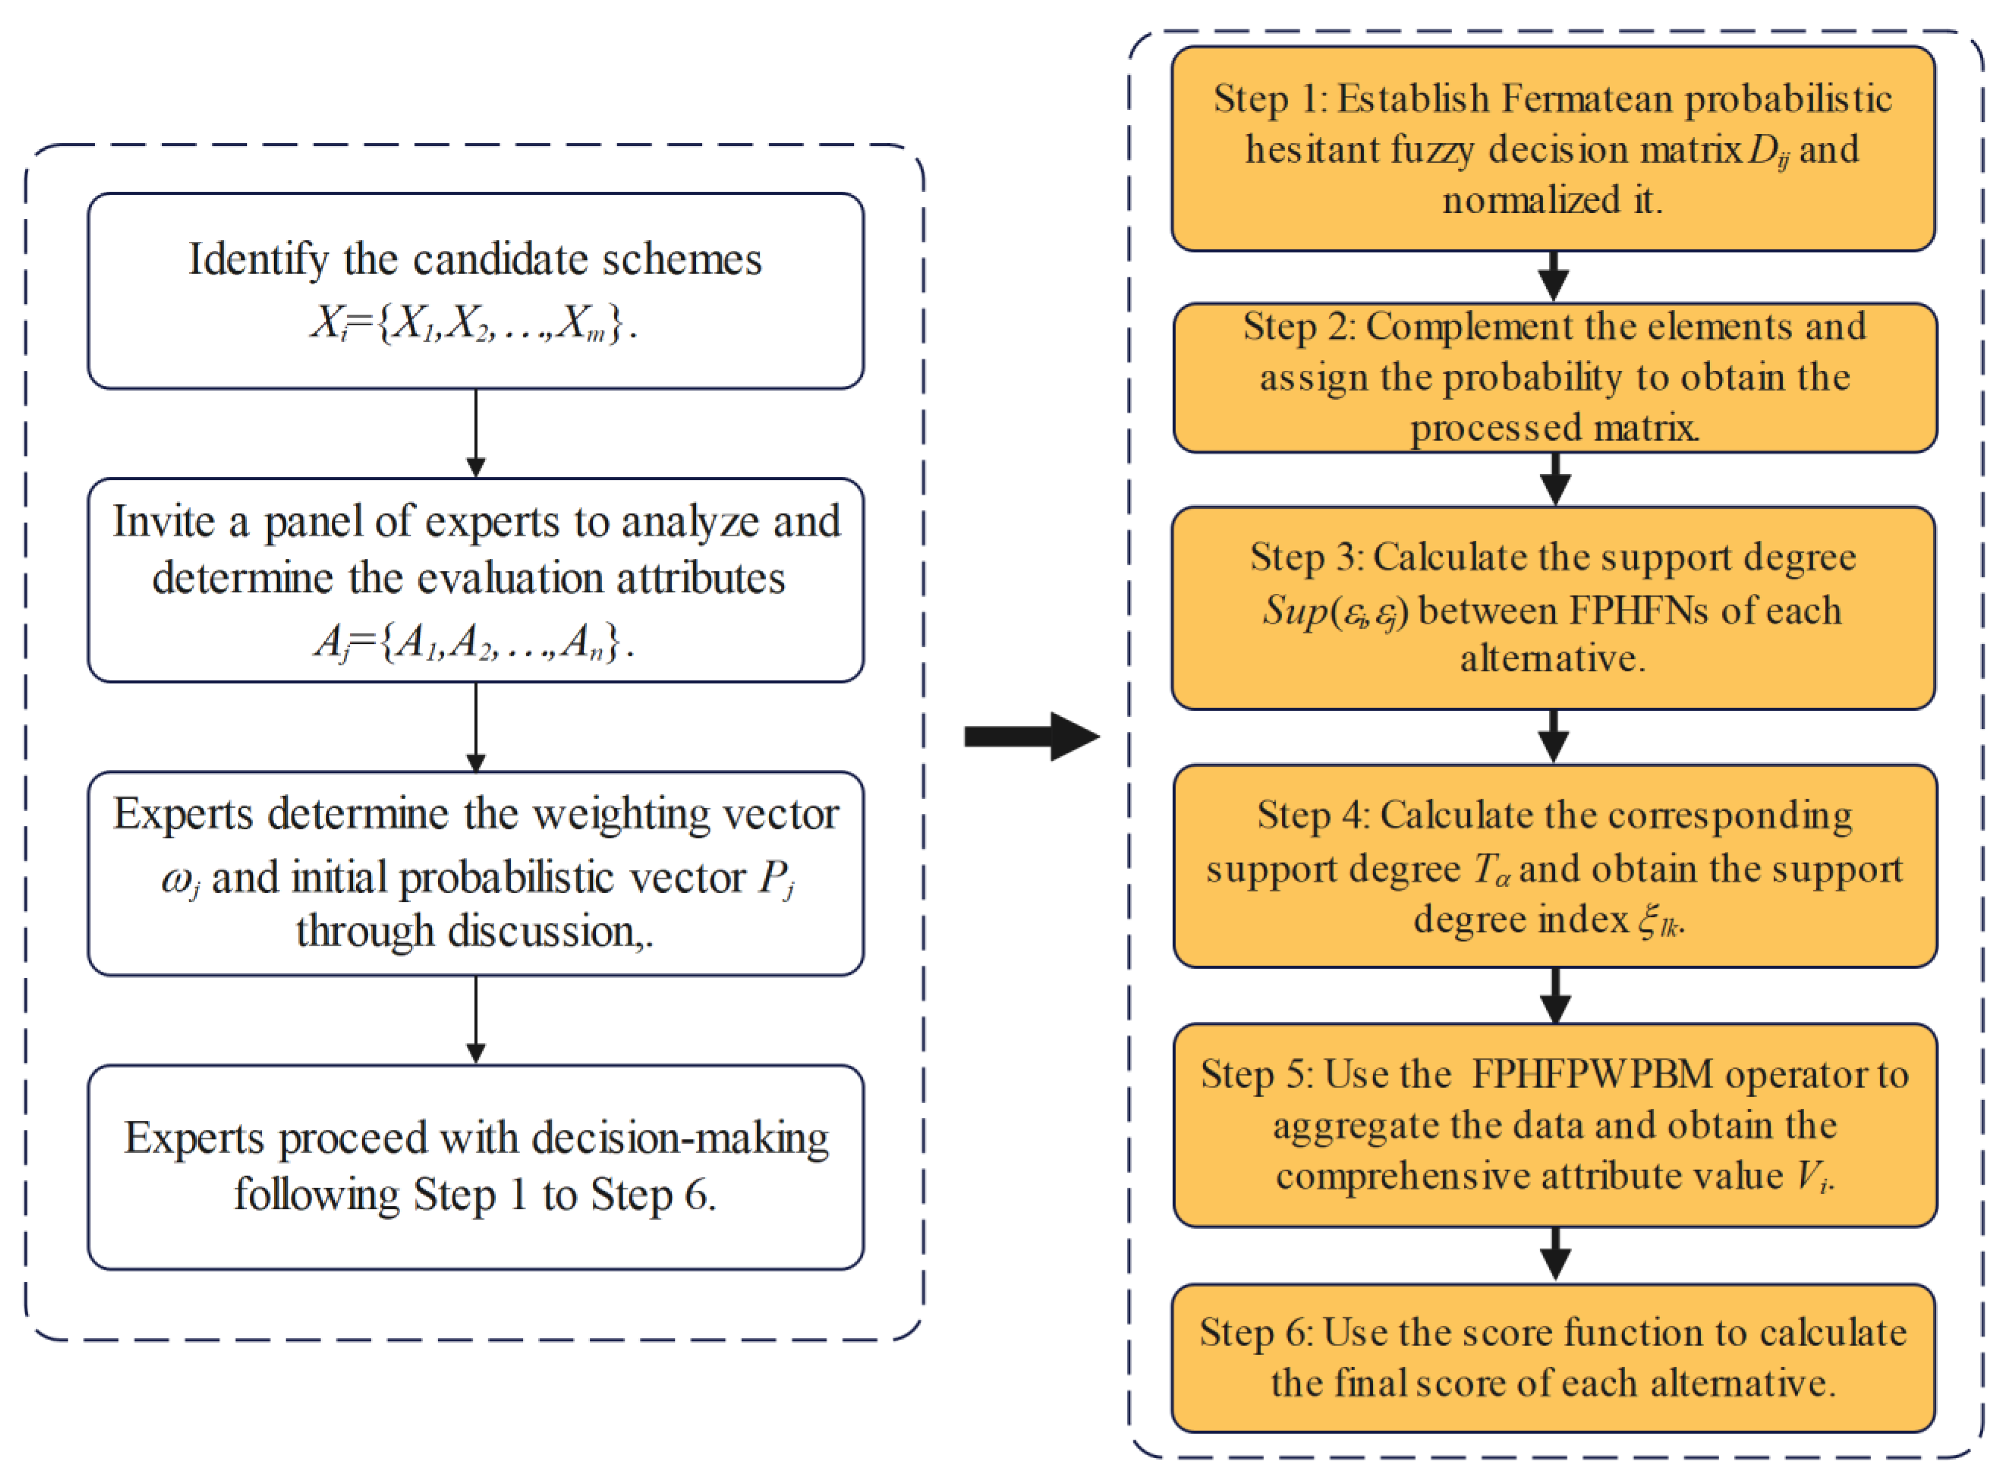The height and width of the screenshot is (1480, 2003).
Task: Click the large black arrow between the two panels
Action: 1030,736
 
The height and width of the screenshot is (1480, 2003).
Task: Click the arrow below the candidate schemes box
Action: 475,432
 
